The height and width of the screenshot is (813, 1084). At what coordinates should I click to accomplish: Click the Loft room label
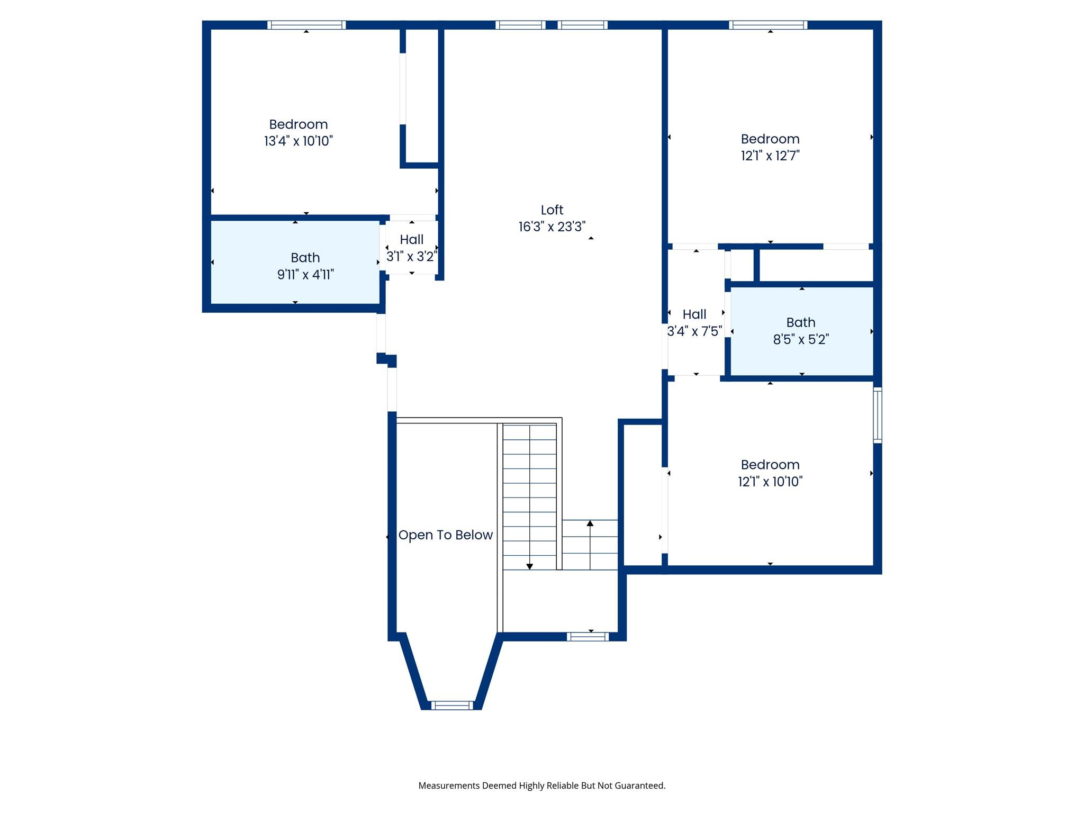(552, 210)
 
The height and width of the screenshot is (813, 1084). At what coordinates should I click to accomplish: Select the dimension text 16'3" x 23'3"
(552, 227)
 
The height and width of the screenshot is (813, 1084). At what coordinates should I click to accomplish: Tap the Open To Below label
(445, 535)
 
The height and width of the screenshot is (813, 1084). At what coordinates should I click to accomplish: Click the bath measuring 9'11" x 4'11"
(305, 266)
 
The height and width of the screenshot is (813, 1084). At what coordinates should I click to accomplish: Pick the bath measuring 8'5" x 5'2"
(800, 331)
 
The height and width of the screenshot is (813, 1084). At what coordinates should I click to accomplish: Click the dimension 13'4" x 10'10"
(298, 141)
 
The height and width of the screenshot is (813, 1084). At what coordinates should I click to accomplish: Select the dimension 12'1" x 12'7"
(770, 156)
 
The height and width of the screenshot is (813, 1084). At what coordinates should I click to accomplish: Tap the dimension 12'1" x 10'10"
(770, 482)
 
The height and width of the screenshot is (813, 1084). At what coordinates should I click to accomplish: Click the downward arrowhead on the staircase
(529, 566)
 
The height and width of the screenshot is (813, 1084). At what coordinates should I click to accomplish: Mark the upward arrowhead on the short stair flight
(590, 523)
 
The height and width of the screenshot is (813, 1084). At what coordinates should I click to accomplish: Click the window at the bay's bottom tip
(451, 705)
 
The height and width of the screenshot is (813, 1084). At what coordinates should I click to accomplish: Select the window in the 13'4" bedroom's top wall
(306, 25)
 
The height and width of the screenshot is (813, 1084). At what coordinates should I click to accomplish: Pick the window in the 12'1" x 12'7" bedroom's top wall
(767, 25)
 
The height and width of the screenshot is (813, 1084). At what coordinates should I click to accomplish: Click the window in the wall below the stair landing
(588, 637)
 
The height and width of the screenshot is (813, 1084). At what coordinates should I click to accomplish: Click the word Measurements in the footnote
(449, 785)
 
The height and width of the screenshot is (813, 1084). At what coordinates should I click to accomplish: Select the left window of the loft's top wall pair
(520, 25)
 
